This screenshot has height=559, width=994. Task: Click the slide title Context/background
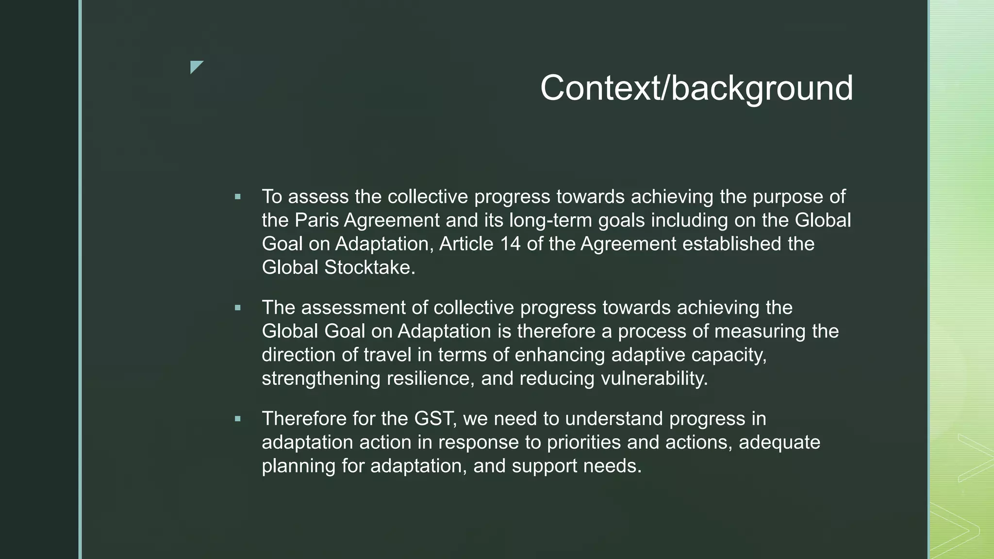[x=696, y=88]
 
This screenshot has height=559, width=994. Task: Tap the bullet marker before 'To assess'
[x=237, y=197]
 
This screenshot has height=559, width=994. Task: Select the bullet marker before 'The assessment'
[x=237, y=308]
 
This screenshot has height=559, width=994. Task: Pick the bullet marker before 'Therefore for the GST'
[x=237, y=419]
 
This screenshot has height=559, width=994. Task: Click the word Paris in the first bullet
[x=317, y=220]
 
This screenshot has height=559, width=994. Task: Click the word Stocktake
[x=369, y=267]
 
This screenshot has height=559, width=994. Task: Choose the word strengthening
[x=321, y=378]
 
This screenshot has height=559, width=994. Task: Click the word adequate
[x=779, y=443]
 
